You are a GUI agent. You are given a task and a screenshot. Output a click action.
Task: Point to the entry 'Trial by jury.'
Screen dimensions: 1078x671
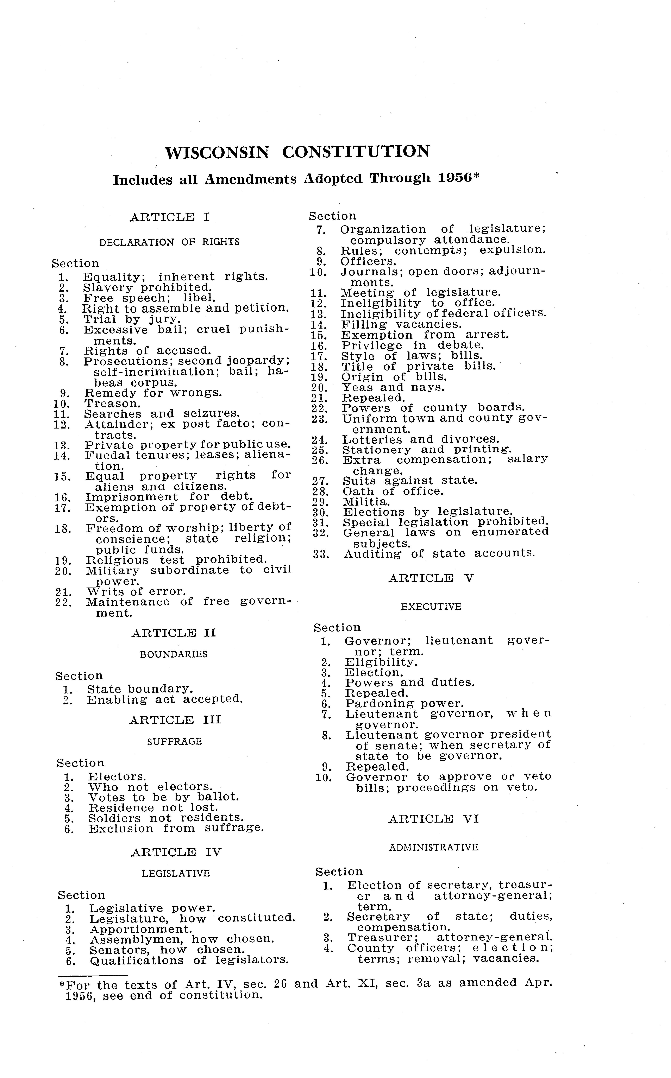pos(132,319)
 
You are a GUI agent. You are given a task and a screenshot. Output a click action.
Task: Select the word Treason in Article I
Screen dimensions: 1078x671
pos(112,404)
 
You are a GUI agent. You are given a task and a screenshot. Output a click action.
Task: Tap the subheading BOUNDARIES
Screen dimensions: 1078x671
pos(174,654)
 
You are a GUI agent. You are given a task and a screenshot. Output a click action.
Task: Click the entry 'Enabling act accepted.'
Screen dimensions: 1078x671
pos(165,700)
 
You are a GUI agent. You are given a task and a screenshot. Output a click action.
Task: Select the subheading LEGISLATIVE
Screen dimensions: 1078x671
pos(176,874)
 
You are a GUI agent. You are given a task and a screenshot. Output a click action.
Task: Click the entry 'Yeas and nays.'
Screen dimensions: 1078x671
pos(393,387)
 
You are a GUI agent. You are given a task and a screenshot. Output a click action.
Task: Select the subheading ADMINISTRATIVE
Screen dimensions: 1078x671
pos(434,847)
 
